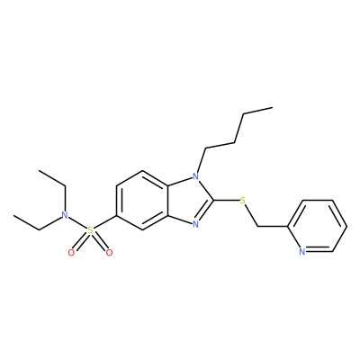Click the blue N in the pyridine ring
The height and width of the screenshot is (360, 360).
tap(302, 251)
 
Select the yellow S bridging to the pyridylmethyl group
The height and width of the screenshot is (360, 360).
tap(243, 200)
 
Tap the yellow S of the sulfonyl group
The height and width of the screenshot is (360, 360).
tap(90, 230)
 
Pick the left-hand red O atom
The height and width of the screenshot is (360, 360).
tap(71, 253)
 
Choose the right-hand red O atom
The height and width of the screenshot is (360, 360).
tap(110, 253)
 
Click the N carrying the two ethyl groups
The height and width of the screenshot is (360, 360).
tap(64, 215)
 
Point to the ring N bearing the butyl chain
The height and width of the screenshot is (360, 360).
tap(196, 176)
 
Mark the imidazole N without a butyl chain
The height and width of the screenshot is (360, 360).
tap(196, 224)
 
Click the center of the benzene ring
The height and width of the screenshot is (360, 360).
tap(142, 200)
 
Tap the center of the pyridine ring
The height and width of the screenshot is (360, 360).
tap(317, 226)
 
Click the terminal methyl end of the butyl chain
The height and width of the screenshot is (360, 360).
tap(273, 107)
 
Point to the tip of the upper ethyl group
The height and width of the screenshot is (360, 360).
tap(39, 170)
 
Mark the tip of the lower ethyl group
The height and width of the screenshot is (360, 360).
tap(13, 215)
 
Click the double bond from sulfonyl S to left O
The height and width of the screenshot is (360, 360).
tap(80, 242)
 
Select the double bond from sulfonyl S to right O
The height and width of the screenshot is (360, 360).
tap(100, 242)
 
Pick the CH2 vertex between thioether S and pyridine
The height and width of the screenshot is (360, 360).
tap(258, 226)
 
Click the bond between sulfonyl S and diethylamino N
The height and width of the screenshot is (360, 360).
tap(77, 223)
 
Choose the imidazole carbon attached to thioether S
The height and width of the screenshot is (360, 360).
tap(213, 200)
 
